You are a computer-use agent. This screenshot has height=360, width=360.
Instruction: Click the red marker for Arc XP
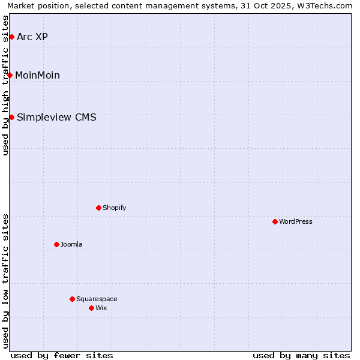11,37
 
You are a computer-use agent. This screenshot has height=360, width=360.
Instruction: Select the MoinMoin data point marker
10,75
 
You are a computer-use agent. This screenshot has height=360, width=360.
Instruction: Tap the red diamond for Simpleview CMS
11,117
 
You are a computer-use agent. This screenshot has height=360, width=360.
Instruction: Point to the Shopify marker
98,208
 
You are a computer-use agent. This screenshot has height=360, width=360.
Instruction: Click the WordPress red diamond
275,221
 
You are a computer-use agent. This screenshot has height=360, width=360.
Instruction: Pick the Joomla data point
56,244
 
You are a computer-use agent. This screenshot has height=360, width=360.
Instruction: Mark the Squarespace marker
72,299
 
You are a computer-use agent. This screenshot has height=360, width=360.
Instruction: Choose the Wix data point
91,308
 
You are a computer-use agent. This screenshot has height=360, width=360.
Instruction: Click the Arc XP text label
32,37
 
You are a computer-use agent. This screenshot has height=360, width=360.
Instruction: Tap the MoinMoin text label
37,75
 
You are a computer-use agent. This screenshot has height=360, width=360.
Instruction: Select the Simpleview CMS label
56,117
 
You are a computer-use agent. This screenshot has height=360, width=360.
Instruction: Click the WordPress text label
296,221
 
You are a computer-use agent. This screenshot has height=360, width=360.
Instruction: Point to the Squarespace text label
97,299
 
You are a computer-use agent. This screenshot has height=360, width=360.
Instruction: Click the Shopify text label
114,208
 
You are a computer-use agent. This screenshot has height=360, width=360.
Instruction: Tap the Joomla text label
71,244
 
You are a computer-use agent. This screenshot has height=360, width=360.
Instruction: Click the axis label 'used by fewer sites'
62,355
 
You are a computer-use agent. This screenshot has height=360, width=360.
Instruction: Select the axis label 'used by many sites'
301,355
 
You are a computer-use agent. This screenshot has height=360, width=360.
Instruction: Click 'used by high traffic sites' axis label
5,85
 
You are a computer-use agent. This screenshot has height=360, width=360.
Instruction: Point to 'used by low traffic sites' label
5,281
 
